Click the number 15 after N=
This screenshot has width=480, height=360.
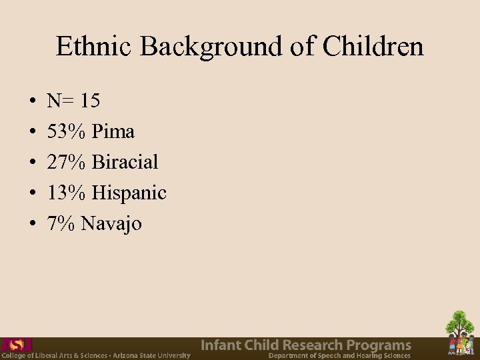(x=90, y=101)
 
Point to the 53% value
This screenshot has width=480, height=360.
(x=67, y=132)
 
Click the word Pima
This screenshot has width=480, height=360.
(x=113, y=132)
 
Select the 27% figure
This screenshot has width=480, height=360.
(x=67, y=163)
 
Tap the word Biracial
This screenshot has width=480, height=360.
(x=125, y=163)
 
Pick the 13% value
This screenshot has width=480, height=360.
(x=67, y=193)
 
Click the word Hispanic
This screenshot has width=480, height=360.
(x=129, y=193)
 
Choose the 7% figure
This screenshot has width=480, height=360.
(x=61, y=224)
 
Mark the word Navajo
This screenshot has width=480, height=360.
(x=111, y=224)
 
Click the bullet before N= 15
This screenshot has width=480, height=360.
(x=33, y=102)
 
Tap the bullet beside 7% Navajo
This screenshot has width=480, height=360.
(x=33, y=225)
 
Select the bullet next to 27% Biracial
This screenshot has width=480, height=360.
(x=33, y=163)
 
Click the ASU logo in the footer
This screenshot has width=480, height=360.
(x=16, y=345)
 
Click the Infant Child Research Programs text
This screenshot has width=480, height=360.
(x=306, y=345)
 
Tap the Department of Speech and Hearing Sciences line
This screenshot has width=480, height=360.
(x=339, y=356)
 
